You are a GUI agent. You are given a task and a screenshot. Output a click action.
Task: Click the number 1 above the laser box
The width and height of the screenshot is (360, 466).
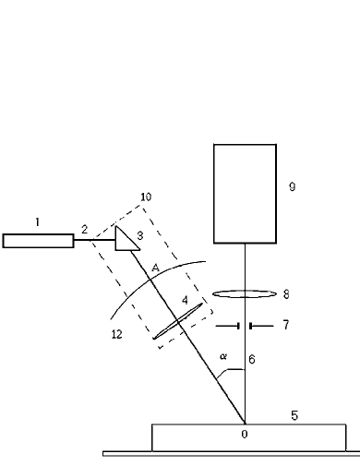(x=38, y=221)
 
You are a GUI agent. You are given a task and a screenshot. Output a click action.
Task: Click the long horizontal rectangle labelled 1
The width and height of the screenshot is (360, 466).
(x=38, y=241)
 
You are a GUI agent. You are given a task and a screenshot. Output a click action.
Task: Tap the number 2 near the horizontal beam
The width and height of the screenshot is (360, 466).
(x=84, y=228)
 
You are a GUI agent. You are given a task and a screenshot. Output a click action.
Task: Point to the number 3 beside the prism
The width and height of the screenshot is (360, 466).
(x=139, y=236)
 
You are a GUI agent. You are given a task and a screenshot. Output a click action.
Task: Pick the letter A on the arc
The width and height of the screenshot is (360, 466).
(x=155, y=268)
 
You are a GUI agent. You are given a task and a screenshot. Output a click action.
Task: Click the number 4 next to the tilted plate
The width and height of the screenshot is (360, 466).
(x=185, y=300)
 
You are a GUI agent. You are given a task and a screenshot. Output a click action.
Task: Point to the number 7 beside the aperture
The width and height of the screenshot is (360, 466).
(x=287, y=326)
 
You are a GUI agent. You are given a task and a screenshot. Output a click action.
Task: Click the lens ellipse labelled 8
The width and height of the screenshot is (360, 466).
(x=245, y=294)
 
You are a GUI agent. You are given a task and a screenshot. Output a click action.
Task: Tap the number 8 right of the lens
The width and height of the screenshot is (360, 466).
(x=286, y=294)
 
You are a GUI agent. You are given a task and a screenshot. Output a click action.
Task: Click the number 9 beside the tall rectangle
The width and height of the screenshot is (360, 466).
(x=292, y=187)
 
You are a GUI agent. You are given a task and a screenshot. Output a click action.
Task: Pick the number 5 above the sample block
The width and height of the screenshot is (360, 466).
(x=294, y=415)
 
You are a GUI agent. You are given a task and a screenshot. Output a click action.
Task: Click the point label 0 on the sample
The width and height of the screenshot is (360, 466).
(x=244, y=432)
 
